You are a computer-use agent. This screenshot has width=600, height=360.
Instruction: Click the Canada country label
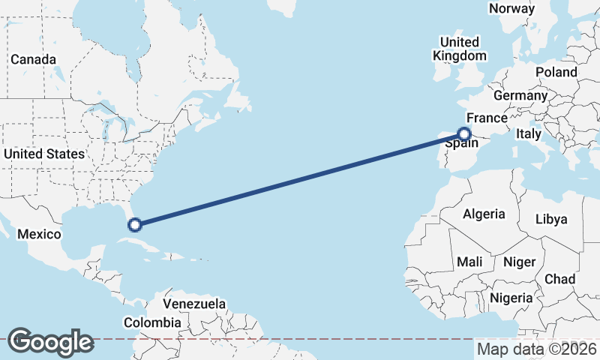point(33,59)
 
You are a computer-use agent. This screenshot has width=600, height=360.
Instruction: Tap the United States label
point(44,154)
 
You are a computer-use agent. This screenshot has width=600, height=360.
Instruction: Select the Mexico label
point(39,234)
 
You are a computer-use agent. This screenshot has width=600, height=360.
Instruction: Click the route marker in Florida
point(135,223)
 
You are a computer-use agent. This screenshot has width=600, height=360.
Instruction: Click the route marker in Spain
point(464,134)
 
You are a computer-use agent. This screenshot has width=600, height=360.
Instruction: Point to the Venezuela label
point(194,304)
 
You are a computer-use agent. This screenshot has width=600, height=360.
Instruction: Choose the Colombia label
point(152,322)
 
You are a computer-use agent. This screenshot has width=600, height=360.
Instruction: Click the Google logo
point(50,341)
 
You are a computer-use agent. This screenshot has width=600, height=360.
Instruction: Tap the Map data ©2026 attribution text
point(536,349)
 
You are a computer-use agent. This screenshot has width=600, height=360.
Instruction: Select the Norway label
point(511,9)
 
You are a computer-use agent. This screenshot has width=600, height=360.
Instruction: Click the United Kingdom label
point(459,49)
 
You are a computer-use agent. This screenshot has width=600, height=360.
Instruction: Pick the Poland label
point(556,72)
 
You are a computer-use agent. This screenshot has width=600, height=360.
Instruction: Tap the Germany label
point(520,96)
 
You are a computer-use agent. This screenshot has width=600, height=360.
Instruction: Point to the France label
point(487,118)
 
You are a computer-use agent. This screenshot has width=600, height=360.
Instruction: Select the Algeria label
point(484,214)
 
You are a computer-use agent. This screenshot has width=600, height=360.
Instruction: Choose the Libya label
point(551,219)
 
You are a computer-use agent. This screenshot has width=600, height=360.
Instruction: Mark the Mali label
point(470,262)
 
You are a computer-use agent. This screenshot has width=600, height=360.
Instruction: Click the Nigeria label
point(511,298)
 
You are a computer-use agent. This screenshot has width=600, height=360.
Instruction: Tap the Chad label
point(559,279)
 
